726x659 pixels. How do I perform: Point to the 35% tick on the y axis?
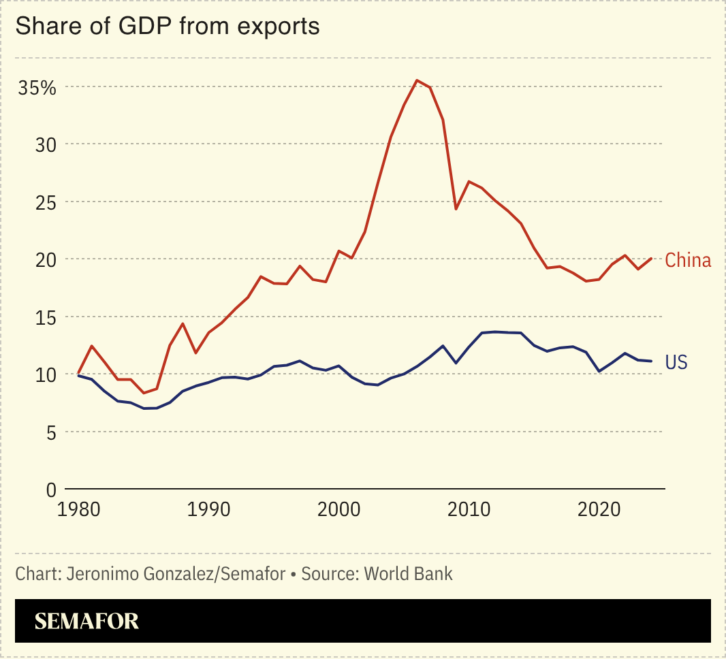pos(37,87)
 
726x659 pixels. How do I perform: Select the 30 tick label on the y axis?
pos(46,144)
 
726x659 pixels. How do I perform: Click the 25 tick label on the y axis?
pos(46,202)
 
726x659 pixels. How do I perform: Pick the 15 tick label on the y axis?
pos(46,317)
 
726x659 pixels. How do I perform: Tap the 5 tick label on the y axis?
pos(50,432)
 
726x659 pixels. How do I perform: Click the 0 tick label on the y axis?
pos(50,489)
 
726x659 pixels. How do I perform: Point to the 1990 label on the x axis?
pos(209,510)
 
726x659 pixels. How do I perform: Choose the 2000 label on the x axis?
pos(339,510)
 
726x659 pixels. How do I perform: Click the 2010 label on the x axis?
pos(469,510)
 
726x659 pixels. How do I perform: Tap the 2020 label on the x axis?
pos(599,510)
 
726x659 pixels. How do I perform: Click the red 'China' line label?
pos(688,260)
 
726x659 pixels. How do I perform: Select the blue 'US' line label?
pos(676,363)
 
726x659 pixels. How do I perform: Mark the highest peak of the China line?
pos(417,80)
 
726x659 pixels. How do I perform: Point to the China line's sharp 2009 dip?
pos(456,209)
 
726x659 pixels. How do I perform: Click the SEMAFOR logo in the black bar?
pos(86,621)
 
